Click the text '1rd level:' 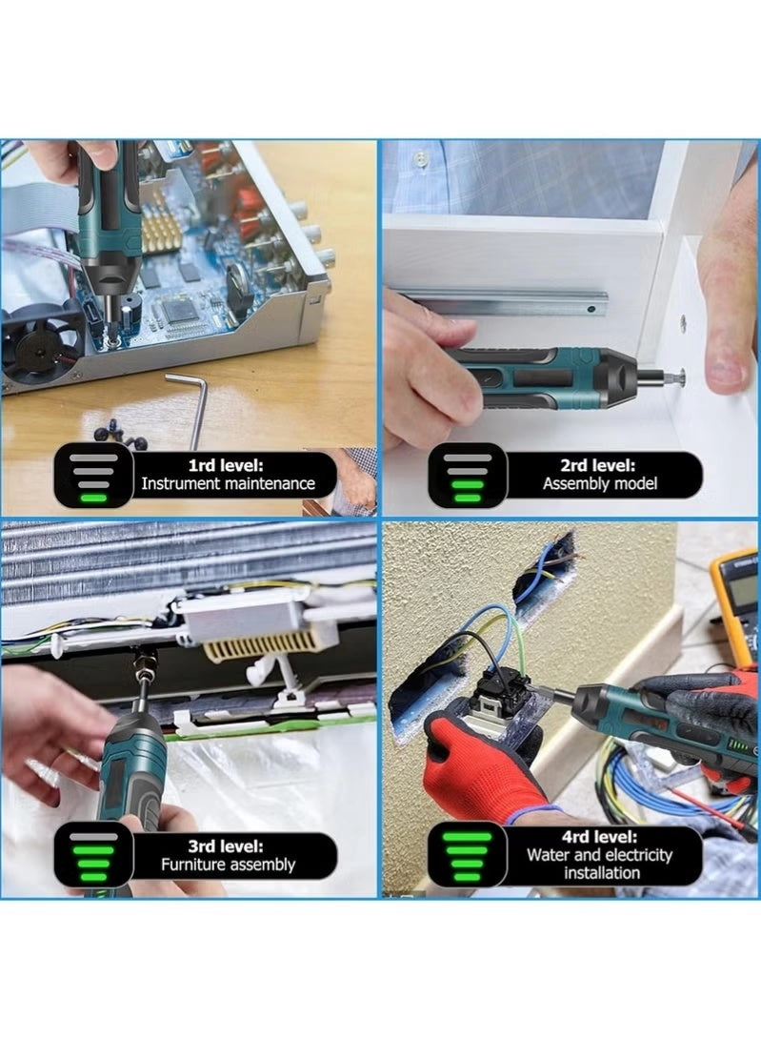click(x=226, y=465)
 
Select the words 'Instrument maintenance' click(x=228, y=483)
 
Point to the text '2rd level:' click(x=598, y=465)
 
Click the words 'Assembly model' click(x=600, y=483)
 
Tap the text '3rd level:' click(x=226, y=846)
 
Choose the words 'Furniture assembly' click(x=228, y=865)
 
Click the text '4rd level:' click(x=599, y=837)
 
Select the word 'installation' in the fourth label click(x=601, y=873)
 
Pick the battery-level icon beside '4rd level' click(x=467, y=856)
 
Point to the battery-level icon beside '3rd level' click(x=93, y=858)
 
